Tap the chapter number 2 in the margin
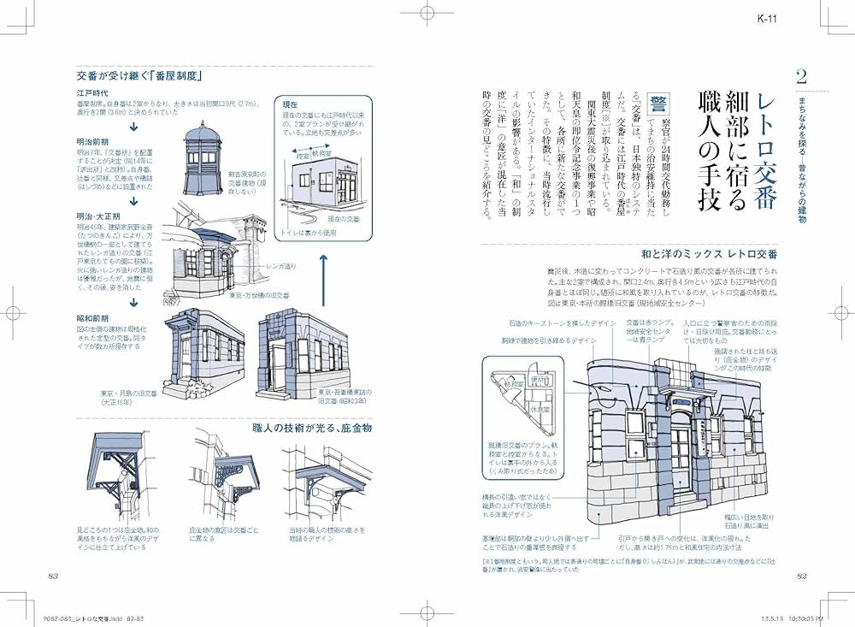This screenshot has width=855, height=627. pyautogui.click(x=800, y=77)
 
